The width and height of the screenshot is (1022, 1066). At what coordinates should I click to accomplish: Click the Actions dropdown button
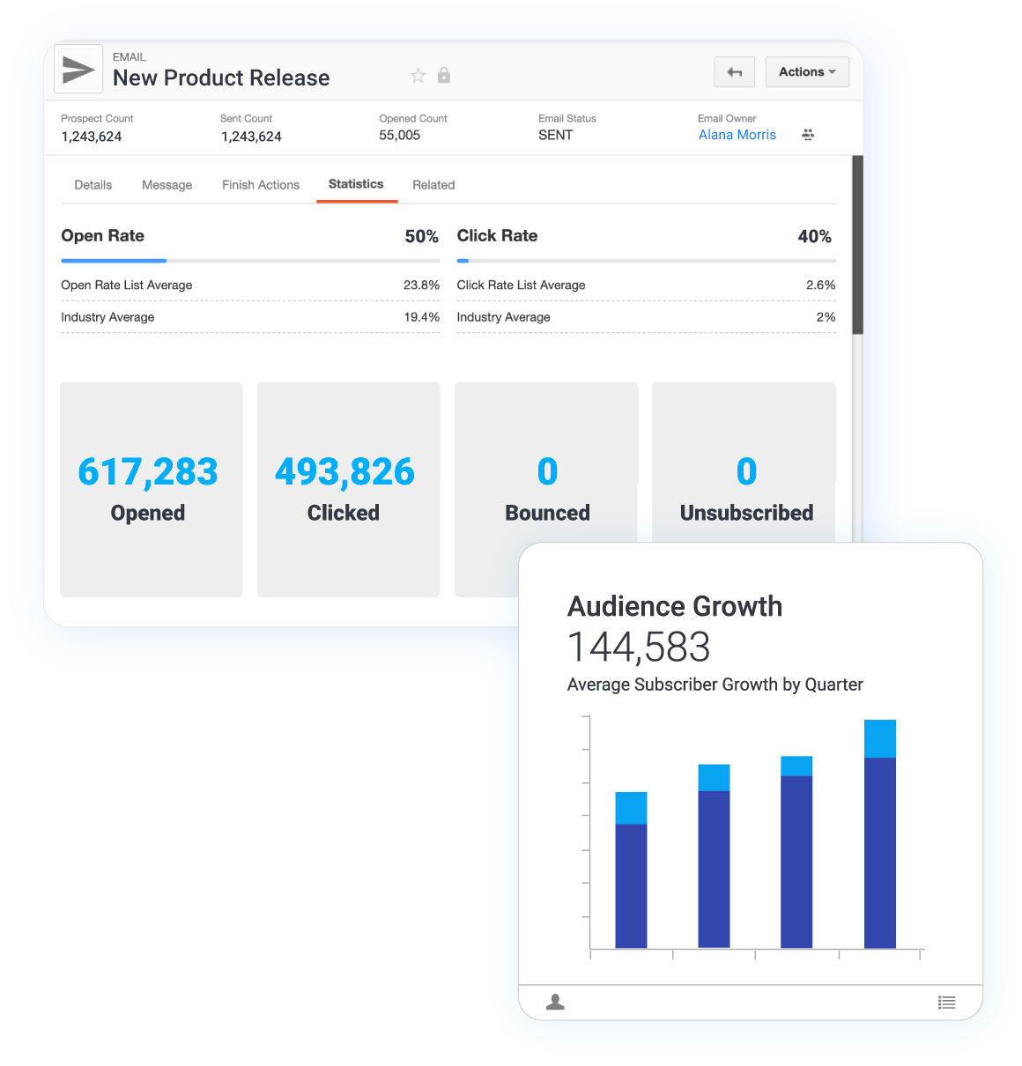807,72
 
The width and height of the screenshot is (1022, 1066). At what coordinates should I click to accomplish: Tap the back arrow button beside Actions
734,72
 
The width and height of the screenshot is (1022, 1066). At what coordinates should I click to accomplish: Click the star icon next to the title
418,76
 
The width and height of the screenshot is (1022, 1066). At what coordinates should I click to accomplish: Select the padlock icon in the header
444,76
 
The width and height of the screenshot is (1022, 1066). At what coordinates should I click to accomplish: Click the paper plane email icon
78,70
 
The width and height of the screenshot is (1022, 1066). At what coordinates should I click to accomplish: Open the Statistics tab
356,184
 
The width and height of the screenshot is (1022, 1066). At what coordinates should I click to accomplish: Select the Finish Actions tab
261,185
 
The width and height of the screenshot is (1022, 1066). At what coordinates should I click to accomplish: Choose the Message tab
167,185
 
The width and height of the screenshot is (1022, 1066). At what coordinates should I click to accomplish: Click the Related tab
433,185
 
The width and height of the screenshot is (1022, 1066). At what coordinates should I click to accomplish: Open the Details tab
93,185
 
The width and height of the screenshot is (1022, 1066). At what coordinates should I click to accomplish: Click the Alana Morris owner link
737,135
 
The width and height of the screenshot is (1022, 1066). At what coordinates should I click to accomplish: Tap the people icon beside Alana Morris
808,135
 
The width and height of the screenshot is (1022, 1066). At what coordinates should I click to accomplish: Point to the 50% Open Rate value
421,236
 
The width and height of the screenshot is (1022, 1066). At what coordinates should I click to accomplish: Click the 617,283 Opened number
148,472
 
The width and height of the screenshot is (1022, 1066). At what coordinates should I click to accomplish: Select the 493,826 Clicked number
344,472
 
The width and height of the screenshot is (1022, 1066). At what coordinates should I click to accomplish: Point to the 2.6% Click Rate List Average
820,285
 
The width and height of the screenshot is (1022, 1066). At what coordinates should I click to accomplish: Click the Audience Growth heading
675,606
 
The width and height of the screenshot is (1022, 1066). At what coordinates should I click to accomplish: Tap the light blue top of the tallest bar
879,738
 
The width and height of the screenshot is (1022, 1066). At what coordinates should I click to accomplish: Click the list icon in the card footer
946,1003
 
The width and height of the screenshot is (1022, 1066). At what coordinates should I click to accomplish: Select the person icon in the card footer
555,1003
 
